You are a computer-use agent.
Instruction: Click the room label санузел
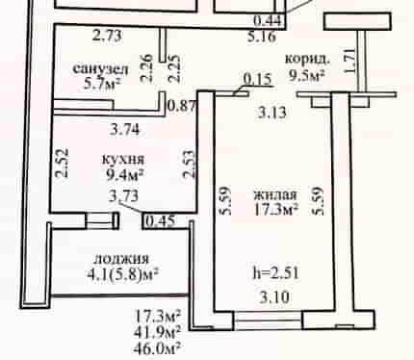point(101,69)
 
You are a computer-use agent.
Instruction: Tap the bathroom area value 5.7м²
point(102,84)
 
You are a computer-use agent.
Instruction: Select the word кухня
point(123,159)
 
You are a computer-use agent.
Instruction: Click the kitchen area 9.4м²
point(124,175)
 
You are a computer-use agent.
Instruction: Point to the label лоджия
point(122,259)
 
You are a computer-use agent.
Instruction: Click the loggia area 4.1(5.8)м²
point(123,273)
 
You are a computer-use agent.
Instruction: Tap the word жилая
point(275,194)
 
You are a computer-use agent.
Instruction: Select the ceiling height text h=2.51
point(276,273)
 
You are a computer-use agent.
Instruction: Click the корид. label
point(307,60)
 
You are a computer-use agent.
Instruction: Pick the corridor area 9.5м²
point(307,76)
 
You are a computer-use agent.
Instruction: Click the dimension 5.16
point(262,37)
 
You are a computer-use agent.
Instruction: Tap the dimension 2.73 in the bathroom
point(107,36)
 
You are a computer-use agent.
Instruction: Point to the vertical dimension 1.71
point(349,61)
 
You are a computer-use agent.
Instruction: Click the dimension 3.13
point(272,113)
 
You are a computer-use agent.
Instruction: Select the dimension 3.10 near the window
point(274,297)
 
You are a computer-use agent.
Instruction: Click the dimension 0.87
point(182,105)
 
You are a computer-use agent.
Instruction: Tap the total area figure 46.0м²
point(157,348)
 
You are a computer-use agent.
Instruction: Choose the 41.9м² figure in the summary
point(157,332)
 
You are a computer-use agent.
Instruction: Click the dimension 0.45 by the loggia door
point(161,221)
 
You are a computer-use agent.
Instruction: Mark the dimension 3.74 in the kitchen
point(125,130)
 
